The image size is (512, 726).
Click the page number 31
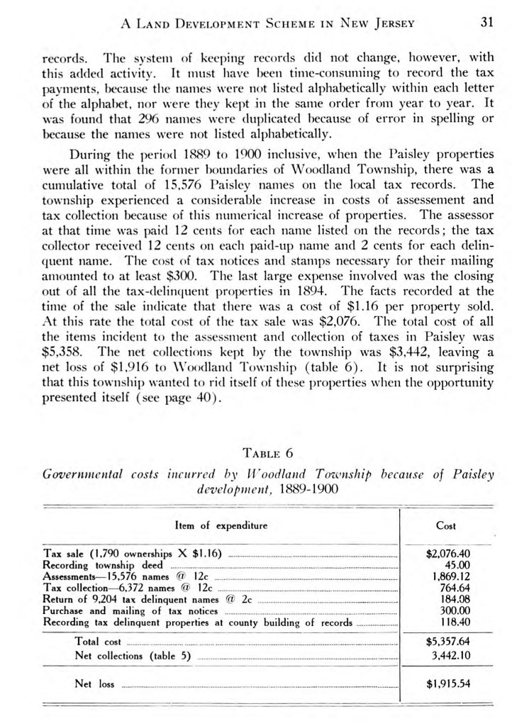486,22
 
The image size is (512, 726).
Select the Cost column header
446,526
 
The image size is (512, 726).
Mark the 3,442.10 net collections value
450,655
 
